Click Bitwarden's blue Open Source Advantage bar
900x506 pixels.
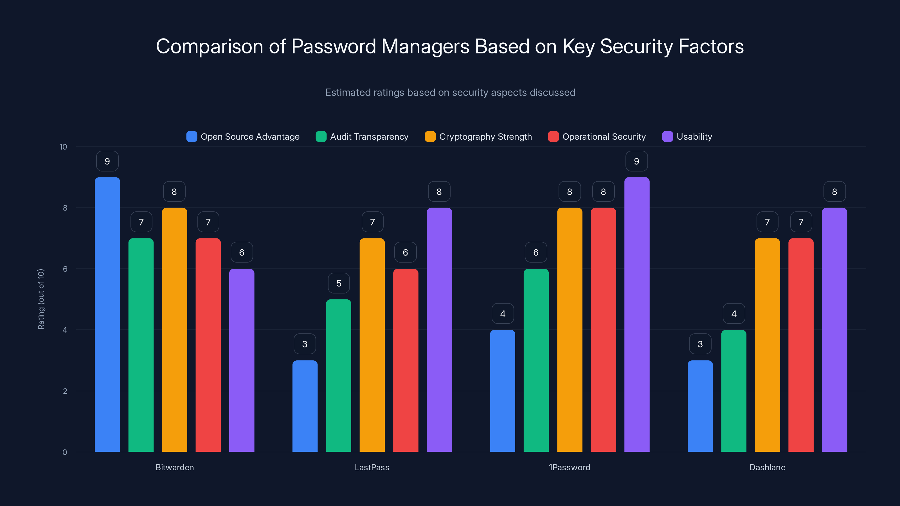coord(107,314)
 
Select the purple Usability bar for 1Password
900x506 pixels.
coord(636,314)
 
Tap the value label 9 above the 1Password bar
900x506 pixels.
coord(636,161)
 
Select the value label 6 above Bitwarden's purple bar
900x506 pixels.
coord(241,252)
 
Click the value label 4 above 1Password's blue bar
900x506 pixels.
coord(502,314)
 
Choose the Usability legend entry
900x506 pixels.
coord(694,137)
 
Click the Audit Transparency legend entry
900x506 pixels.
coord(369,137)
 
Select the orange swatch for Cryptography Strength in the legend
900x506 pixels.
coord(430,137)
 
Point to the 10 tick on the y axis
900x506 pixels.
coord(63,147)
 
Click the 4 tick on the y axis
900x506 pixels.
coord(65,330)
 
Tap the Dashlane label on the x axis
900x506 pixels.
coord(767,467)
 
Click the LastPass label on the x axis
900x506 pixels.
coord(372,467)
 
